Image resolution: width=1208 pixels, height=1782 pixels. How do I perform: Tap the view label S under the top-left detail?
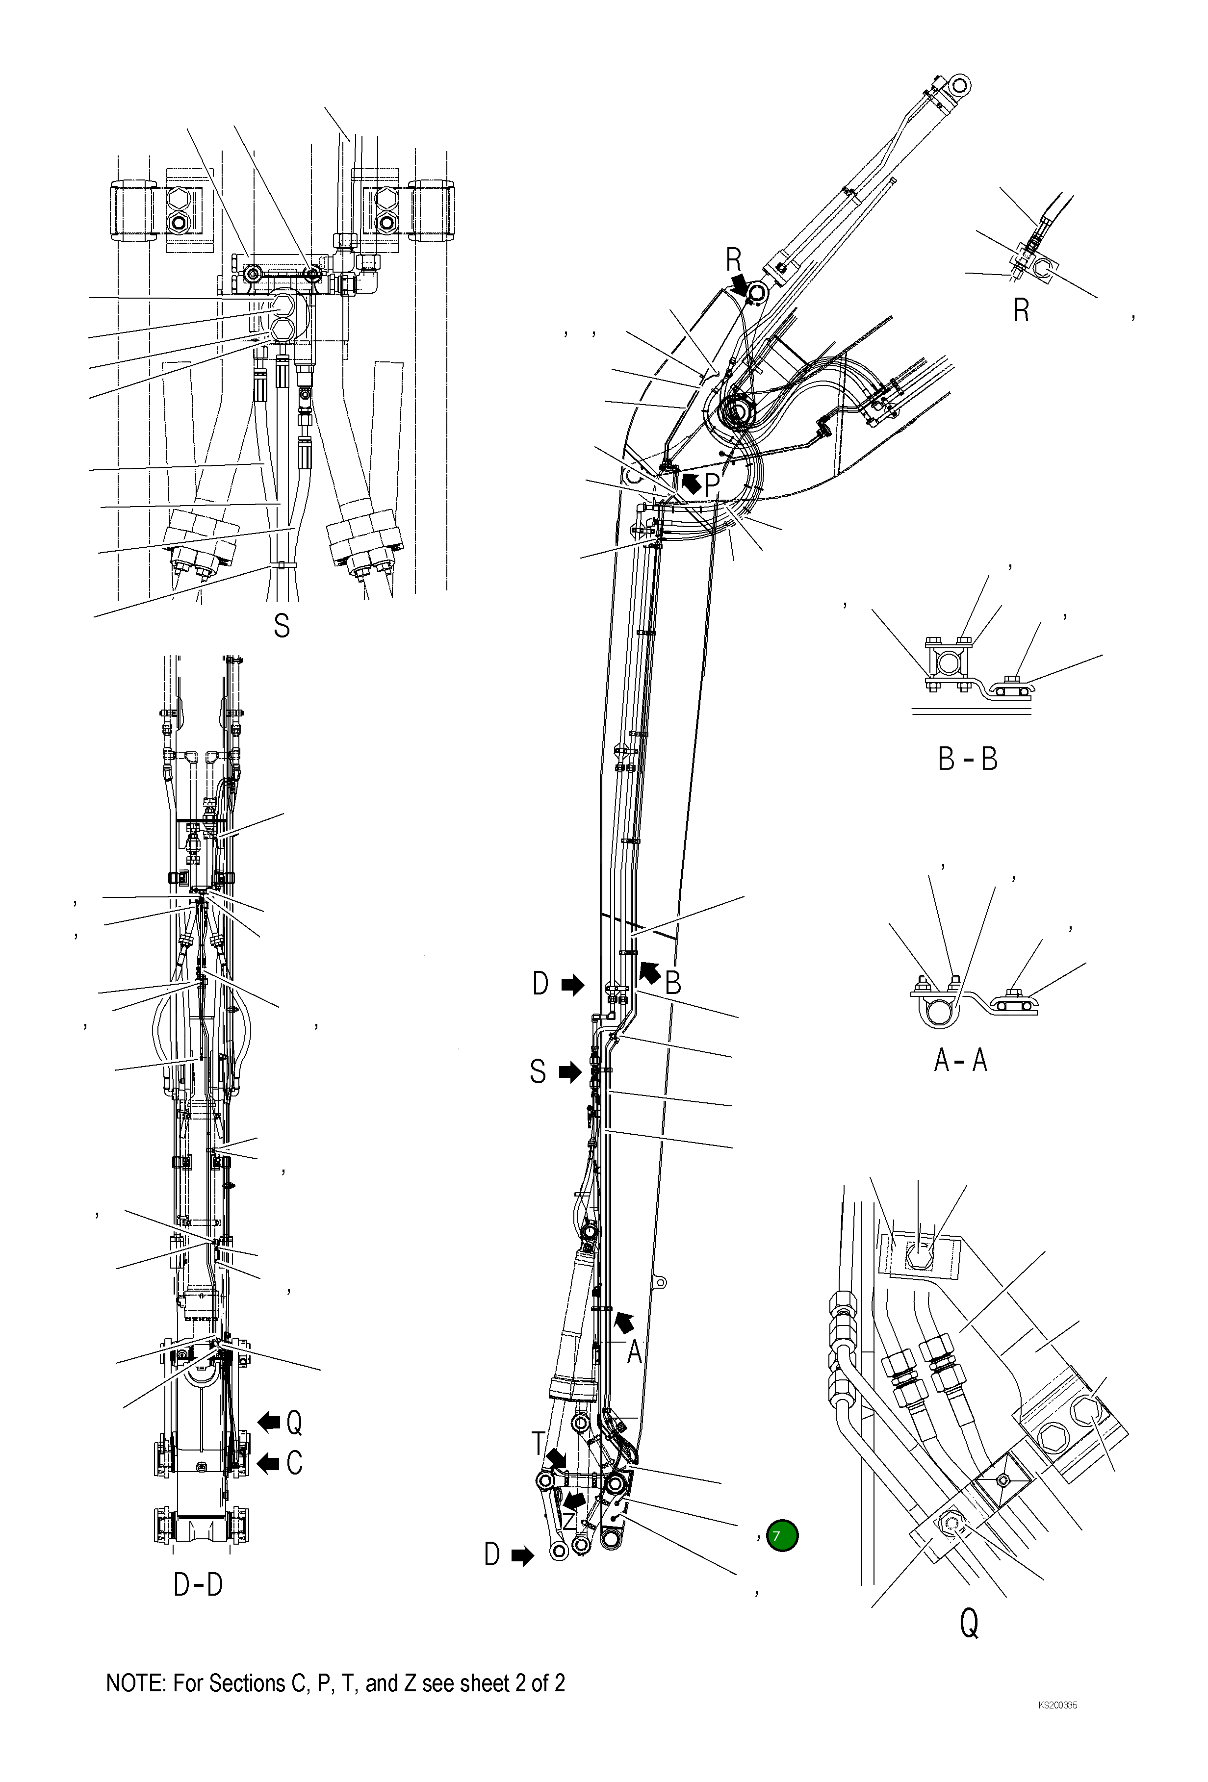(282, 627)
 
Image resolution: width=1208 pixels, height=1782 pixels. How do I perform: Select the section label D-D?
(198, 1585)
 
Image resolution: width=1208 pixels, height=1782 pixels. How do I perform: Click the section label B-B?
(967, 759)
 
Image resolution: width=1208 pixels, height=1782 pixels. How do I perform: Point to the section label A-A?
(960, 1061)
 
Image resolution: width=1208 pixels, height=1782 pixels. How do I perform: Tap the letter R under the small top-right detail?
(1021, 311)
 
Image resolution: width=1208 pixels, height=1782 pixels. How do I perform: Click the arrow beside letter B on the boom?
(649, 972)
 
